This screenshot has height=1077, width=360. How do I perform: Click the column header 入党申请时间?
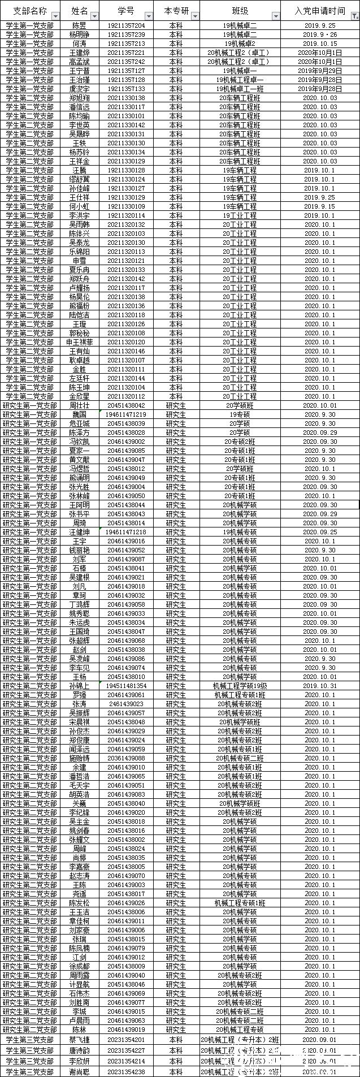tap(320, 11)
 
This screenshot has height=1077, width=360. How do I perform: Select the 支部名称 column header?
tap(30, 11)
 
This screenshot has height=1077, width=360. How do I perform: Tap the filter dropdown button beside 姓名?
tap(94, 16)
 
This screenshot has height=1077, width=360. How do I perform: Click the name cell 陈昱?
tap(80, 25)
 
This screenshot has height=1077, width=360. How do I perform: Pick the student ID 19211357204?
tap(126, 25)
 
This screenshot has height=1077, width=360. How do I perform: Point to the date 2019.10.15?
tap(320, 44)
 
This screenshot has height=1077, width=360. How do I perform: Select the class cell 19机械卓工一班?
tap(240, 89)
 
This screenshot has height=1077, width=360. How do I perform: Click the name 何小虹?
tap(80, 206)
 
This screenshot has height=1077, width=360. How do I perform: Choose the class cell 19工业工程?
tap(240, 215)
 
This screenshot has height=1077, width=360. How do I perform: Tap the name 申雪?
tap(80, 261)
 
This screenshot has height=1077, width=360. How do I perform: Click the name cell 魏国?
tap(80, 414)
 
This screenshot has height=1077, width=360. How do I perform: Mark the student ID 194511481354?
tap(126, 686)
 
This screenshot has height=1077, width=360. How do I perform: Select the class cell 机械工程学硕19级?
tap(240, 686)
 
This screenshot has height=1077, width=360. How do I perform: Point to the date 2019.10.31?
tap(320, 686)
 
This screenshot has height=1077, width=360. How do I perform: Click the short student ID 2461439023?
tap(126, 704)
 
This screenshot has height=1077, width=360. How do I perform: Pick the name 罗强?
tap(80, 695)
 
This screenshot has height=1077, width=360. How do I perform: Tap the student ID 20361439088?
tap(126, 758)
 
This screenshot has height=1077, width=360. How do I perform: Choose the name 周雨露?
tap(80, 975)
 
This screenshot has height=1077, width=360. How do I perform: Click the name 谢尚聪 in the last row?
tap(80, 1072)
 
